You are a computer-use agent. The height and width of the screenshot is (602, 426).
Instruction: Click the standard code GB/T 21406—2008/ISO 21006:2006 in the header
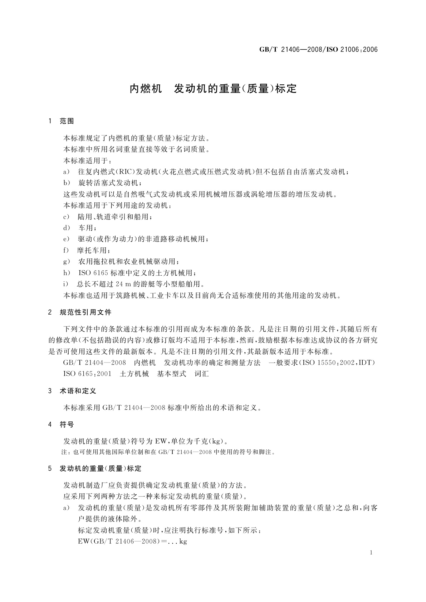tap(318, 50)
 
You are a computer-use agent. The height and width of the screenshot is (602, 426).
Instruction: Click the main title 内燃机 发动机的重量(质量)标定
tap(213, 89)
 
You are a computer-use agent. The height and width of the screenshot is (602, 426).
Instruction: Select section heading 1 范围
tap(61, 121)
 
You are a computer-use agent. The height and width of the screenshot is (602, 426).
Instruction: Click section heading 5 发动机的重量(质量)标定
tap(95, 469)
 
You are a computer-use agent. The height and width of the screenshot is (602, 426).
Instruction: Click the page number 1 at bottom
tap(371, 553)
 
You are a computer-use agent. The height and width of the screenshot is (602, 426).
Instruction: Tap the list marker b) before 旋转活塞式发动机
tap(67, 183)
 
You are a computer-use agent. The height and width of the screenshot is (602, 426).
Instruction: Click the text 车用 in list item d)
tap(87, 228)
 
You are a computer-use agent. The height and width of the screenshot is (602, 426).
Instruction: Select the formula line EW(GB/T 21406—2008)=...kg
tap(132, 541)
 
